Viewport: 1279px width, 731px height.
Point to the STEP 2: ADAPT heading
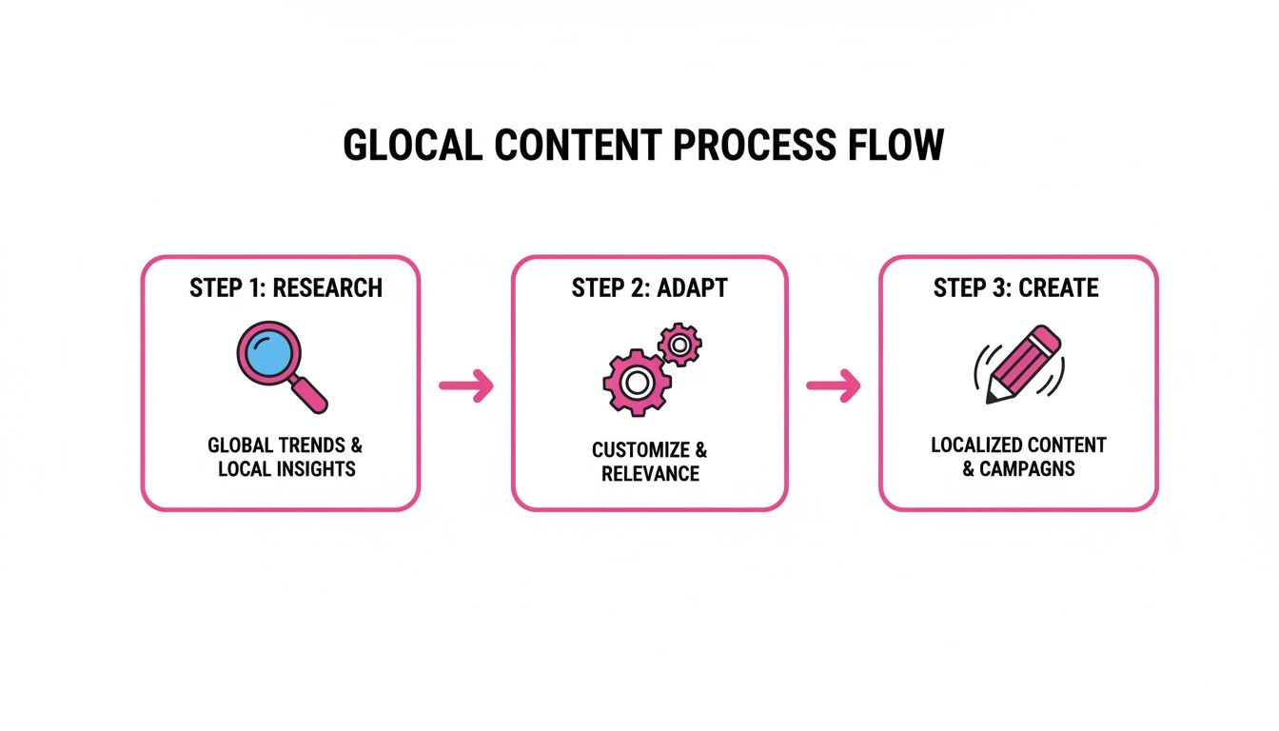649,288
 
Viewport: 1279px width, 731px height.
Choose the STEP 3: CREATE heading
1015,288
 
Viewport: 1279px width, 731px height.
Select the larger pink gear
632,383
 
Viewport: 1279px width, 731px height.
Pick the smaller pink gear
679,344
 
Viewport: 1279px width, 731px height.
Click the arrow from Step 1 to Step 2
466,385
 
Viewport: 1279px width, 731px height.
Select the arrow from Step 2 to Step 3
834,385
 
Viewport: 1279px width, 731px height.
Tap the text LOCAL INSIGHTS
286,469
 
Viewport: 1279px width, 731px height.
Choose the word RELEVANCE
649,473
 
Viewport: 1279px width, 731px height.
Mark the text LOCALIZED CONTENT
1018,445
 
